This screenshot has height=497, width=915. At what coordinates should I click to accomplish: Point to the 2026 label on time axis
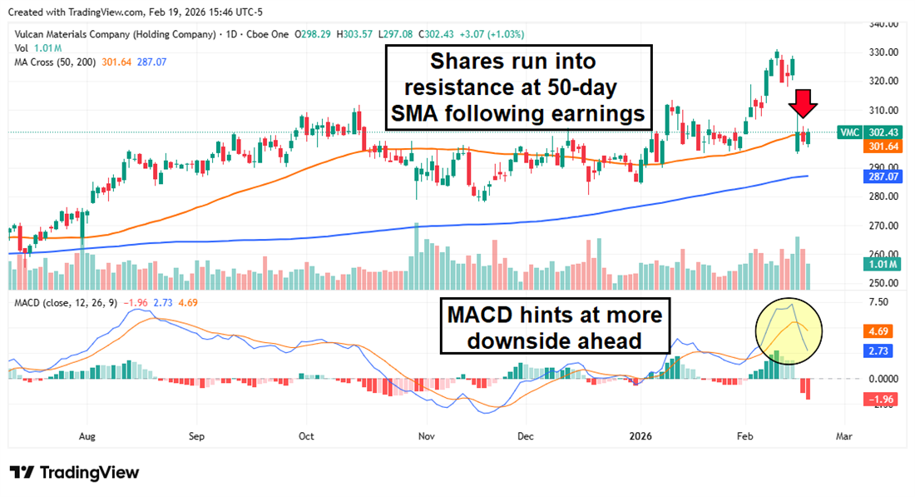coord(640,435)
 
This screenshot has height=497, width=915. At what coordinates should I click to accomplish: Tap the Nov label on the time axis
coord(426,435)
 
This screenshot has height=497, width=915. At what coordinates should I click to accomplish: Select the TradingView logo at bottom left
coord(75,473)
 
